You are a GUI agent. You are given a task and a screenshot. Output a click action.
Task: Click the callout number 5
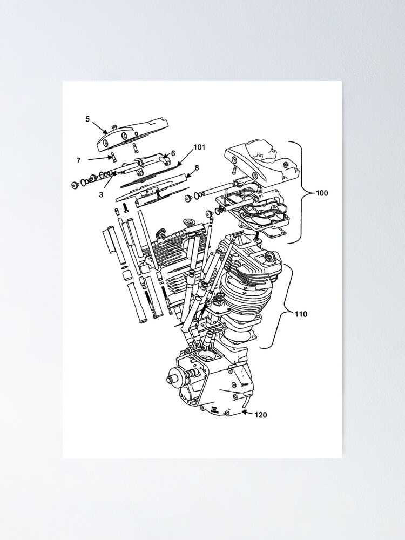click(87, 119)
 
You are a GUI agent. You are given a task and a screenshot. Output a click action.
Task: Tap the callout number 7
click(79, 160)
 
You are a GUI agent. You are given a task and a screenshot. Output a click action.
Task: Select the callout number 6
click(173, 153)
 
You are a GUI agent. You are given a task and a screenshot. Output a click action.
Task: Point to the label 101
click(199, 147)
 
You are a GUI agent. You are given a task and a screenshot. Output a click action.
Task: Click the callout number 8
click(197, 168)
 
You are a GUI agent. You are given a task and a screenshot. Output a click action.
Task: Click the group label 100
click(322, 193)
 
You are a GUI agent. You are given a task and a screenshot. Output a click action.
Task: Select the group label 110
click(301, 313)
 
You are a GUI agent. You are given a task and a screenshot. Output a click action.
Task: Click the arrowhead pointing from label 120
click(244, 413)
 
